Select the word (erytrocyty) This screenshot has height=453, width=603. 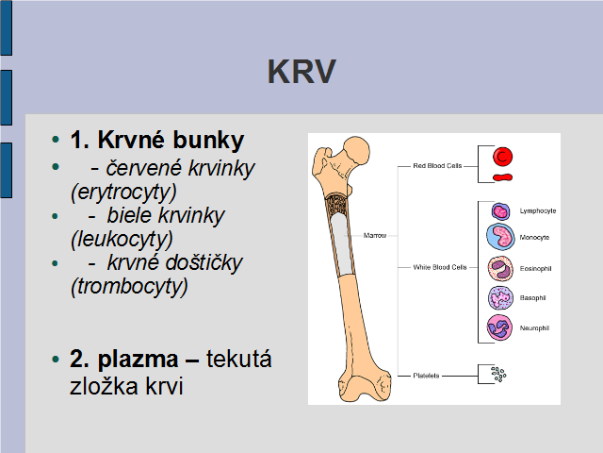pyautogui.click(x=123, y=192)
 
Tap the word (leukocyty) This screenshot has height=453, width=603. pyautogui.click(x=122, y=238)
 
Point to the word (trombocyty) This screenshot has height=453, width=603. pyautogui.click(x=129, y=284)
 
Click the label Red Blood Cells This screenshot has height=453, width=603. pyautogui.click(x=437, y=166)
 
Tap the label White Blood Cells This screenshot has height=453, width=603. pyautogui.click(x=440, y=267)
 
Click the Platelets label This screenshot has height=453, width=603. pyautogui.click(x=426, y=375)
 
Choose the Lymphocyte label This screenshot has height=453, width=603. pyautogui.click(x=538, y=210)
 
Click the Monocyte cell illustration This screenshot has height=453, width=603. pyautogui.click(x=498, y=237)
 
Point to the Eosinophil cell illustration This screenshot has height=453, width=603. pyautogui.click(x=498, y=268)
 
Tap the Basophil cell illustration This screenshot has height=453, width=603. pyautogui.click(x=498, y=298)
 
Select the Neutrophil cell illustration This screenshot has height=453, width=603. pyautogui.click(x=498, y=328)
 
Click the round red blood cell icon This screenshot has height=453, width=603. pyautogui.click(x=503, y=156)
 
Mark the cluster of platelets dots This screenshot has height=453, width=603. pyautogui.click(x=497, y=375)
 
